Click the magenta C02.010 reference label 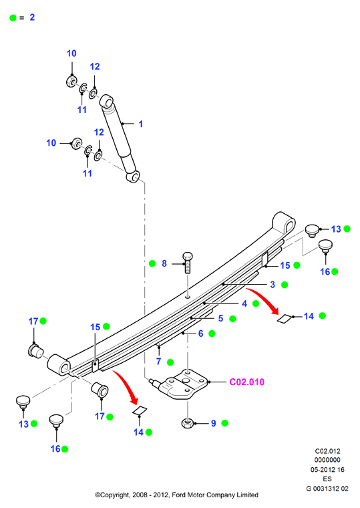coord(246,382)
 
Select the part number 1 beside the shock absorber coord(140,124)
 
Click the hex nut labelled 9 coord(188,423)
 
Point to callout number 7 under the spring coord(159,361)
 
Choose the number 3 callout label coord(273,285)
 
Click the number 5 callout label coord(221,318)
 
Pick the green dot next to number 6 coord(212,334)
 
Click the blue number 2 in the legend coord(32,17)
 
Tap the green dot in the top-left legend coord(13,18)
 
